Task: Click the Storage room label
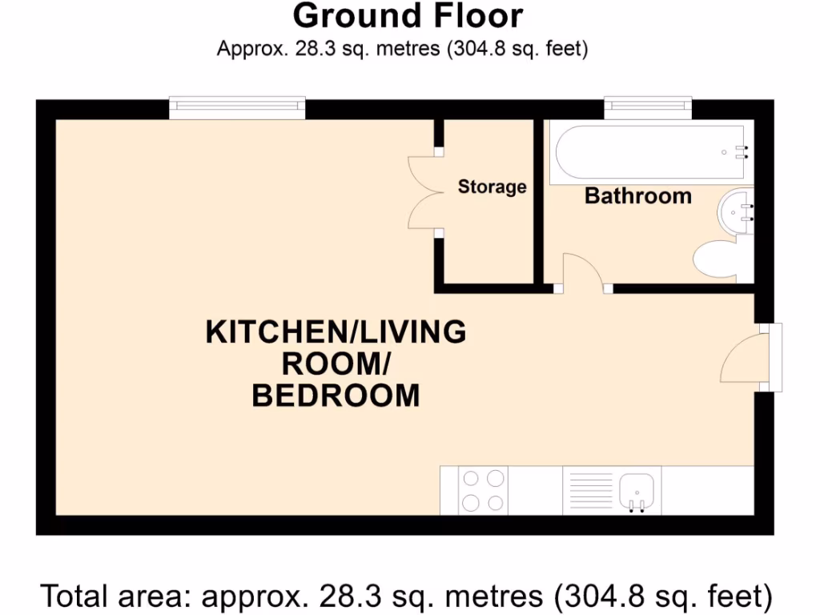click(492, 187)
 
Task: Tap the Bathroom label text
click(637, 196)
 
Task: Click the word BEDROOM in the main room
click(336, 396)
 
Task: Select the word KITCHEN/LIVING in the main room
click(336, 332)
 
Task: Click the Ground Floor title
click(408, 16)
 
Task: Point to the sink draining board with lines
click(590, 490)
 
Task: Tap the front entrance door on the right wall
click(745, 358)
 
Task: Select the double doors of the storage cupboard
click(424, 192)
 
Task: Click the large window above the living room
click(237, 107)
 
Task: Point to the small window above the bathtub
click(648, 107)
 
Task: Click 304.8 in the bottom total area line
click(593, 597)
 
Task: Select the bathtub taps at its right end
click(743, 152)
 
